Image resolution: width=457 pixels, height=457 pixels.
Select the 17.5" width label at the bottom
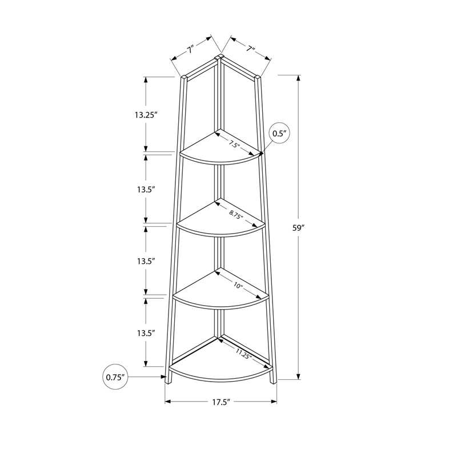[x=220, y=403]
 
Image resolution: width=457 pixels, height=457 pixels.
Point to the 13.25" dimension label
[x=146, y=114]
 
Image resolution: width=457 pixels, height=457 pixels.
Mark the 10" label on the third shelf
[x=238, y=285]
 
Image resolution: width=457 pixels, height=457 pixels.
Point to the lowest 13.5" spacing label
[x=146, y=333]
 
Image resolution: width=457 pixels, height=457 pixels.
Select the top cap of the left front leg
[x=184, y=77]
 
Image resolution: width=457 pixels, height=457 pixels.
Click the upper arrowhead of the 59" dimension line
[x=298, y=78]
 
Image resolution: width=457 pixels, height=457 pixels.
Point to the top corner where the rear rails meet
[x=220, y=57]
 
